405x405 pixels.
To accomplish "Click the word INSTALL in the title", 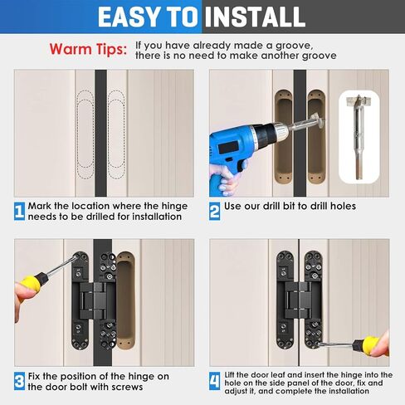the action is point(255,17).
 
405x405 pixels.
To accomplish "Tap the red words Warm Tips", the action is point(88,50).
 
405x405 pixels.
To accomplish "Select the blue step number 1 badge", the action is point(19,212).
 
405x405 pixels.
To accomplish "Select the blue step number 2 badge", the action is point(214,212).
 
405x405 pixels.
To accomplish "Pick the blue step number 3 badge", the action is point(19,381).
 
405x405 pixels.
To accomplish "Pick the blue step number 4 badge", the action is point(214,381).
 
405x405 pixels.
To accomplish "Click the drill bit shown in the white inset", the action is point(359,136).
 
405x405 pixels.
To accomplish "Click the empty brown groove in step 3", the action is point(125,300).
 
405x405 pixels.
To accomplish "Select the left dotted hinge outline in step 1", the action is point(85,134).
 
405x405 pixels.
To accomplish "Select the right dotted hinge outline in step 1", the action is point(116,134).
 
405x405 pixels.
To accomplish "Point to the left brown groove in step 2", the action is point(283,136).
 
